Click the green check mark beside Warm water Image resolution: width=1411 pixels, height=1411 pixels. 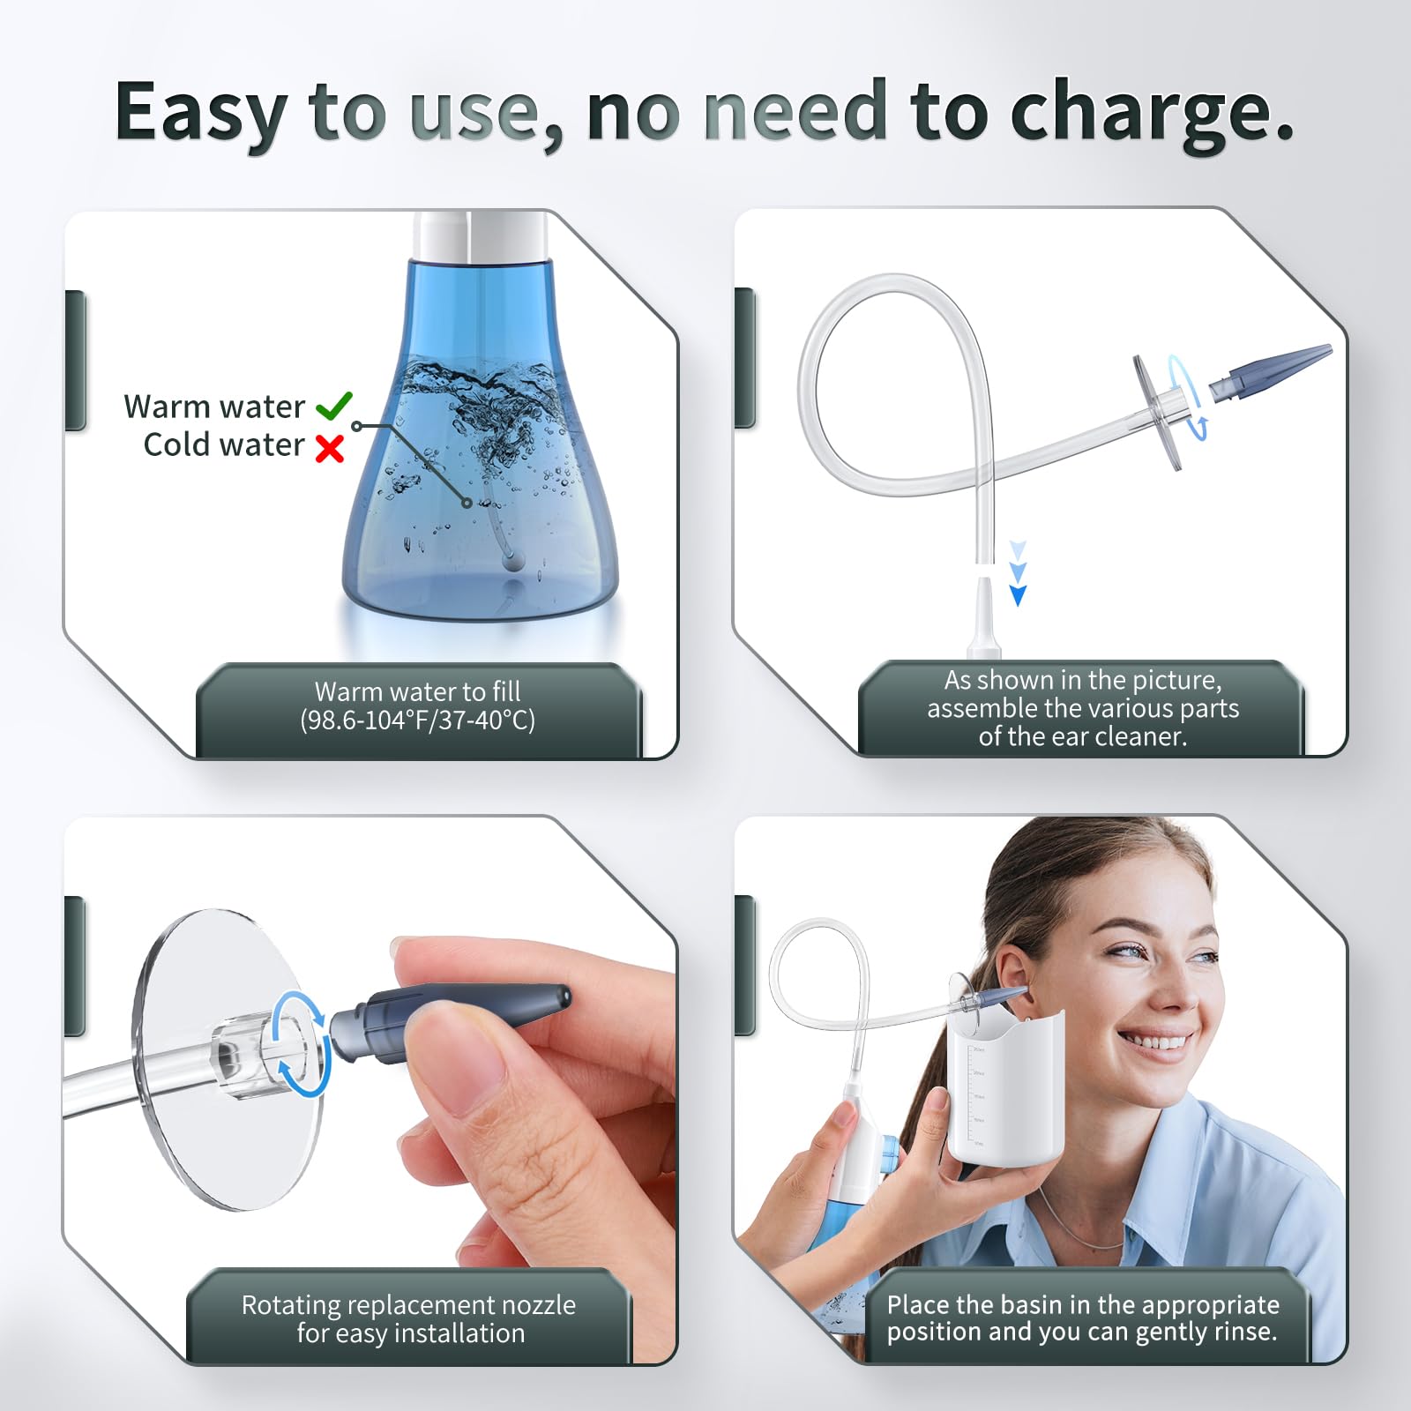click(x=334, y=406)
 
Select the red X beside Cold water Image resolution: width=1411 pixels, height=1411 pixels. click(x=330, y=449)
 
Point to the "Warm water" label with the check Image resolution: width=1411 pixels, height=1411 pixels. click(x=214, y=407)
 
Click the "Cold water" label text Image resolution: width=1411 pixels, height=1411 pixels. click(x=224, y=444)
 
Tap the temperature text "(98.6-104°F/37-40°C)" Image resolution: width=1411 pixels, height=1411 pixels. click(x=417, y=720)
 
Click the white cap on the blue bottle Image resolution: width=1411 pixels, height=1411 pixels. click(x=482, y=235)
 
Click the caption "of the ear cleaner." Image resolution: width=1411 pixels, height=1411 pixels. click(x=1083, y=736)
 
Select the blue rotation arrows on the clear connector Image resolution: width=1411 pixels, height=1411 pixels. click(x=301, y=1044)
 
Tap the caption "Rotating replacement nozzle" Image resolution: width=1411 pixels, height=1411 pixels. click(x=408, y=1304)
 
